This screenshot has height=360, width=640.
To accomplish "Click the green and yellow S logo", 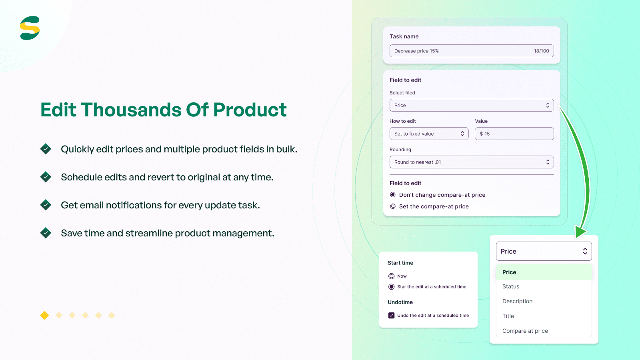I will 30,28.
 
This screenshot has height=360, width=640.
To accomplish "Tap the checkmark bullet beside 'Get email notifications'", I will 46,205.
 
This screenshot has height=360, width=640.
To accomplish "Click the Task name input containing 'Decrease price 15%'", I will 460,51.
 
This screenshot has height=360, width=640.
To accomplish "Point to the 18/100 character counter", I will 541,51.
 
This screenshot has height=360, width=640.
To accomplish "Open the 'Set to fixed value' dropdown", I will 429,134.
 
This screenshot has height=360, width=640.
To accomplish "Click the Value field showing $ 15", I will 514,134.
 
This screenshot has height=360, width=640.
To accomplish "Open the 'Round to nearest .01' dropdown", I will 472,162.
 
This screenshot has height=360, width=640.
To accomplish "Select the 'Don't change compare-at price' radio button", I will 393,195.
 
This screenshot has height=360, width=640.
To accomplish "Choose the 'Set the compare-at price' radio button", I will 393,206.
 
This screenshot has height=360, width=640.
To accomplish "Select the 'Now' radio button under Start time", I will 392,276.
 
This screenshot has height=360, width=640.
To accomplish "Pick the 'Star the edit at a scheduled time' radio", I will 392,287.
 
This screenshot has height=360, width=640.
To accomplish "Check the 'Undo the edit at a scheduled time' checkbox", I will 392,316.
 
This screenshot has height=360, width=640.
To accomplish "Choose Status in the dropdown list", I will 511,286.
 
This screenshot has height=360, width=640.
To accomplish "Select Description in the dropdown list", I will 517,301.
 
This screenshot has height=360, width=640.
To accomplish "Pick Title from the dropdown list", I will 508,316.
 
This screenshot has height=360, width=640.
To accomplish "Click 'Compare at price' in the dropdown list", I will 525,331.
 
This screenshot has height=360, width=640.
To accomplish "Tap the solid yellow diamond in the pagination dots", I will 44,315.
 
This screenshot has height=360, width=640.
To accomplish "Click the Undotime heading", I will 400,302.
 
